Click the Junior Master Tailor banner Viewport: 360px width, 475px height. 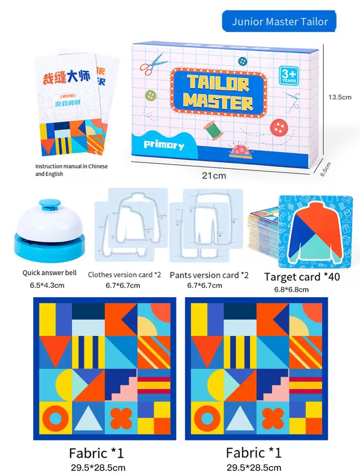point(279,21)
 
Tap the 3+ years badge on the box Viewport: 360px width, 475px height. point(289,76)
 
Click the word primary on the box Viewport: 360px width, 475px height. point(164,145)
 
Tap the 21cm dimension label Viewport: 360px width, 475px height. point(214,176)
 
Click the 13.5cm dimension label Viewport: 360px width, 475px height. point(340,97)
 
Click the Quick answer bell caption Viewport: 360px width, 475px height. point(49,273)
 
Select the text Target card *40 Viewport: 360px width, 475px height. point(302,277)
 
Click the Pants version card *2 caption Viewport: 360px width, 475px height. point(209,276)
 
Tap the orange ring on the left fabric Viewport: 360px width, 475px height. point(56,419)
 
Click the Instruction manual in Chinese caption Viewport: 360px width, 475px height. point(71,170)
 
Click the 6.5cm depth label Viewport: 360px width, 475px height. point(325,169)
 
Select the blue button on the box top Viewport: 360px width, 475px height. point(242,61)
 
